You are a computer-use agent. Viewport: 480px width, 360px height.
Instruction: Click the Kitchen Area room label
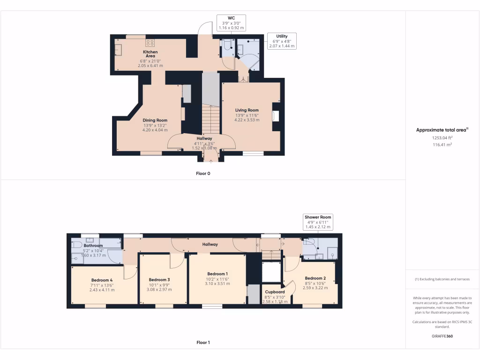click(150, 54)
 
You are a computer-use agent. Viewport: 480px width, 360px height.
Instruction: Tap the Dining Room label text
click(155, 120)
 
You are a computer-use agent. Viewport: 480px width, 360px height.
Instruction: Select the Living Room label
click(247, 110)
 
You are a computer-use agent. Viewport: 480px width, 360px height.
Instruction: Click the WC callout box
click(231, 22)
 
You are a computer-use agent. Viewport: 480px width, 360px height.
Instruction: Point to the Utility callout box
click(282, 41)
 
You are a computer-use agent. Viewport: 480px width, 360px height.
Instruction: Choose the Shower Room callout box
click(318, 222)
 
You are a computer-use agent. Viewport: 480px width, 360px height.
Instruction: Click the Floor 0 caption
click(203, 173)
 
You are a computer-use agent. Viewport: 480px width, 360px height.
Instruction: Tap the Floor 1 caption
click(203, 343)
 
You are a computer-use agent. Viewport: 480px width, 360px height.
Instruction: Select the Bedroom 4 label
click(102, 280)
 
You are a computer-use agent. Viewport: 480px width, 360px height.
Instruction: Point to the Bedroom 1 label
click(217, 274)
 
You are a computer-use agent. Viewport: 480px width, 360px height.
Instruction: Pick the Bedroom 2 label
click(314, 278)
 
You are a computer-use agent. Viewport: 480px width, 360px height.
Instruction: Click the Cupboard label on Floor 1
click(274, 292)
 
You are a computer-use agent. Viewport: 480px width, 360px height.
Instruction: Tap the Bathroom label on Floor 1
click(93, 245)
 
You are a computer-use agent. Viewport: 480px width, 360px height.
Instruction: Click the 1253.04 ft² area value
click(442, 138)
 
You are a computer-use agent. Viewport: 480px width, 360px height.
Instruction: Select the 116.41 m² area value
click(442, 145)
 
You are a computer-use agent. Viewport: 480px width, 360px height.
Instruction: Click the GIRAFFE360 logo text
click(442, 336)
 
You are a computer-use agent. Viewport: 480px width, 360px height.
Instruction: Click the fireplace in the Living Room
click(276, 116)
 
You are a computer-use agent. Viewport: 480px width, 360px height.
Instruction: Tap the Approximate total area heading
click(442, 130)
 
